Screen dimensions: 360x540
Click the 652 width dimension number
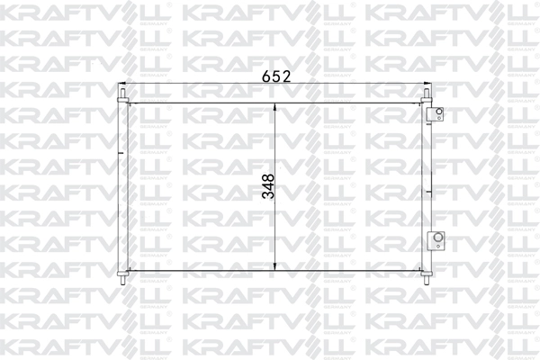274,77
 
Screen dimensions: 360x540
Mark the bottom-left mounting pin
122,277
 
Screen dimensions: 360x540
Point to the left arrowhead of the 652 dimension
126,85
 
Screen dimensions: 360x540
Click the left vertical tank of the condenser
122,185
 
